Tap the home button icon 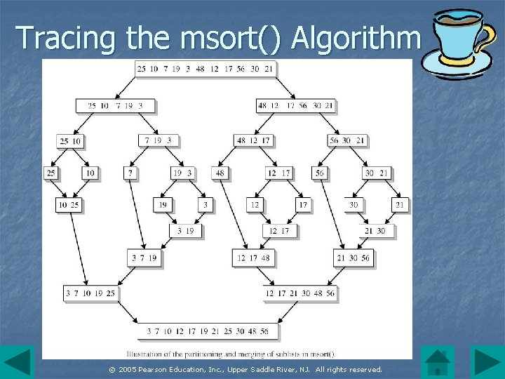437,362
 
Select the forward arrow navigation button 485,362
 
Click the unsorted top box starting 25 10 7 206,69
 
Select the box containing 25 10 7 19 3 116,106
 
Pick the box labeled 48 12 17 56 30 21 296,106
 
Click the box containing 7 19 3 158,141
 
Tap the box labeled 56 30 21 346,141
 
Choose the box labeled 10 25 69,204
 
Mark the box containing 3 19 185,230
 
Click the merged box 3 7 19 143,258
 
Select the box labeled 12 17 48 252,258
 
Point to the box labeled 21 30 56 352,258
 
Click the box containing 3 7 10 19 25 90,293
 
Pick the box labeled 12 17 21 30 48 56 300,293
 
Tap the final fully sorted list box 208,331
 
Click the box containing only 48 220,173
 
